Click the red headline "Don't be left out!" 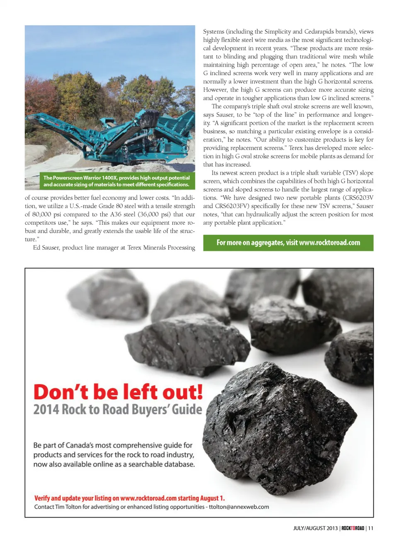click(x=118, y=392)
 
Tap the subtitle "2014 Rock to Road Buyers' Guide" click(x=118, y=410)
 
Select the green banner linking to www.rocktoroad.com click(x=288, y=243)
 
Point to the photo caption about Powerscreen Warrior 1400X click(x=116, y=181)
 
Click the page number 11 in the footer click(x=371, y=528)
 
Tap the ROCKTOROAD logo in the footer click(x=353, y=528)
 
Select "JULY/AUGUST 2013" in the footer click(x=315, y=528)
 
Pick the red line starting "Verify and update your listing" click(x=129, y=498)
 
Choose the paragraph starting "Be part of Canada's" click(x=114, y=455)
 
